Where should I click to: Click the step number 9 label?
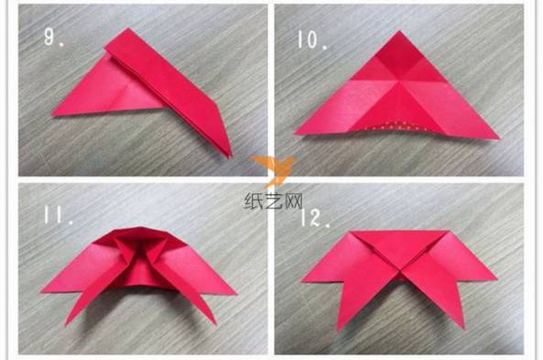[54, 37]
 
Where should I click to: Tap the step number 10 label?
[312, 39]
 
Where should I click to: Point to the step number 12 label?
[315, 218]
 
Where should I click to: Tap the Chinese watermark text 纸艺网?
[273, 201]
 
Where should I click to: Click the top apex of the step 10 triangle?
[399, 31]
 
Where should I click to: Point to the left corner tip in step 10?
[295, 133]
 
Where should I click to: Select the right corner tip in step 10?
[499, 138]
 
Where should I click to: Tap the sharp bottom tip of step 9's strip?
[230, 157]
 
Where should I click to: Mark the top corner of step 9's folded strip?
[127, 28]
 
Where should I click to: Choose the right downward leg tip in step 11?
[214, 324]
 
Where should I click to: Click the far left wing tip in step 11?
[42, 291]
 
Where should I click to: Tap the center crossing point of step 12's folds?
[402, 272]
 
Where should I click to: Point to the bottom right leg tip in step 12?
[462, 327]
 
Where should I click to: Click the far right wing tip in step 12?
[496, 278]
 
